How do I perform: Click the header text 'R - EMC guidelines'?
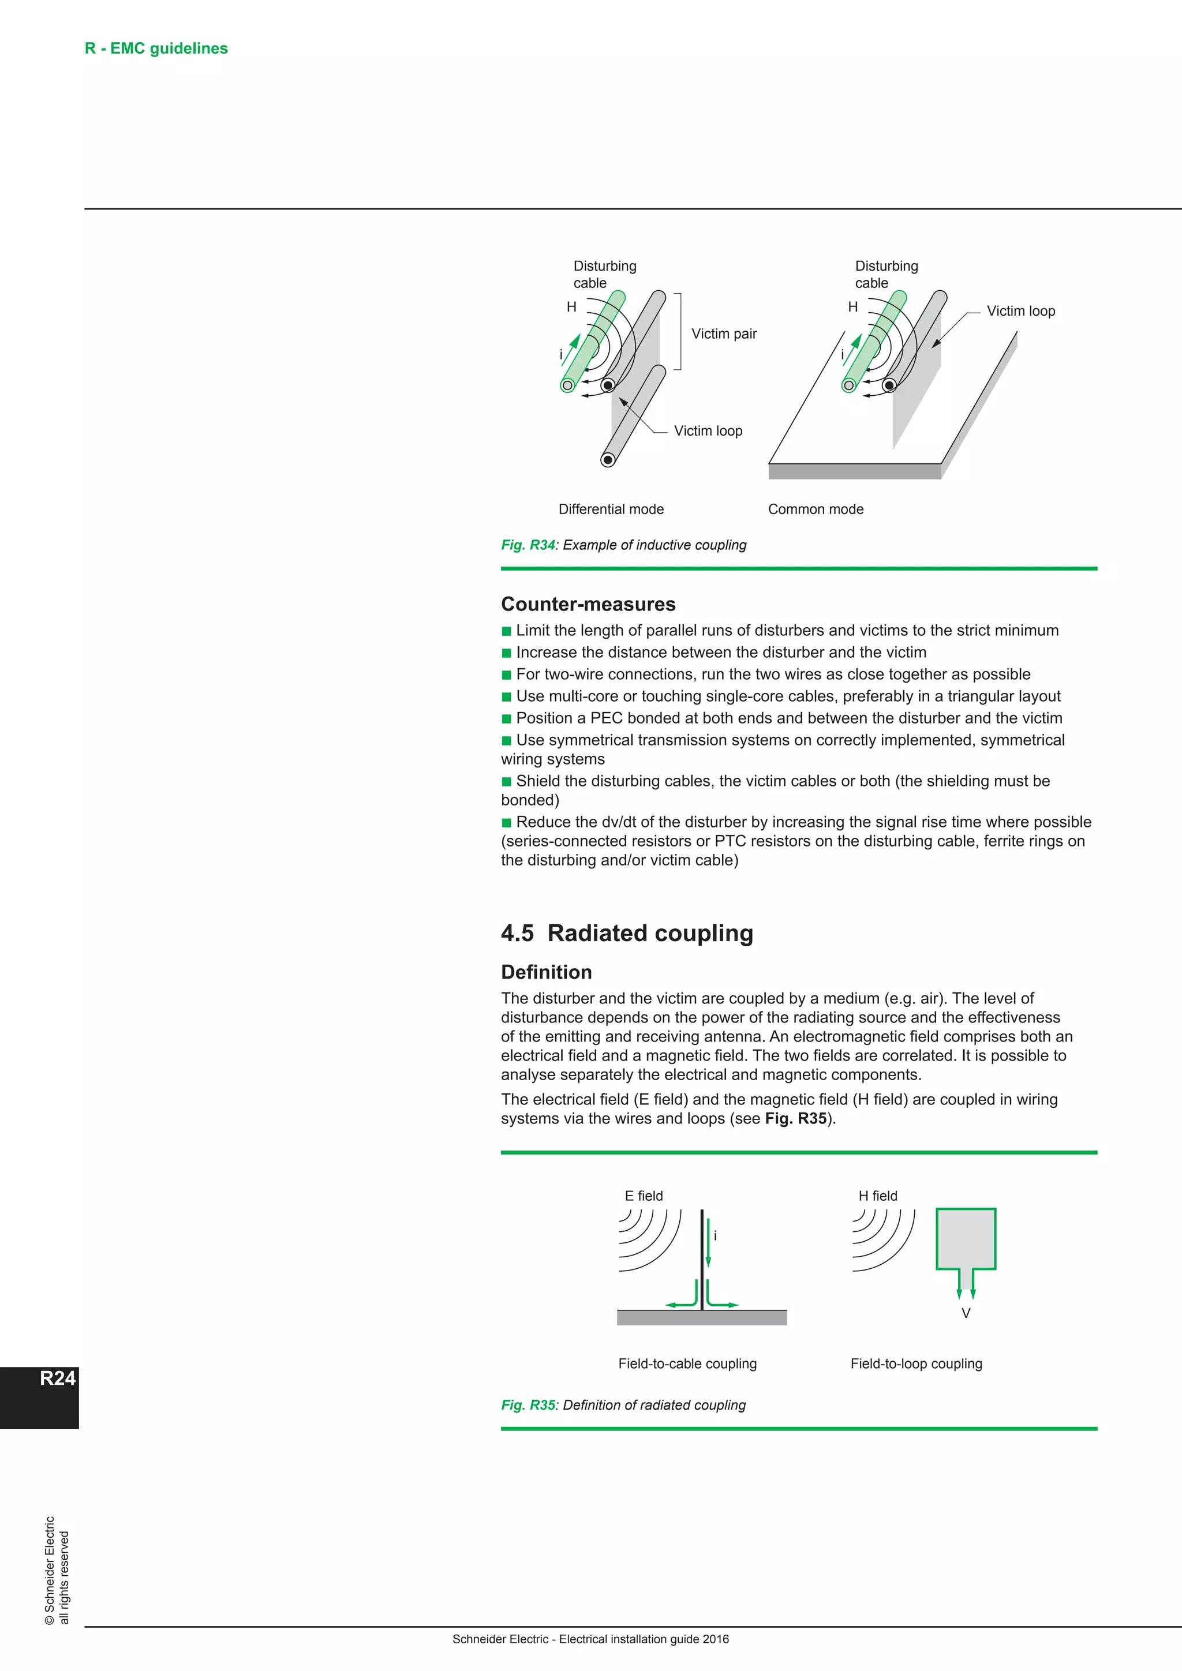pos(156,49)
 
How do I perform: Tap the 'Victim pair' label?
pos(724,334)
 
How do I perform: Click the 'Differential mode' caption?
pos(611,509)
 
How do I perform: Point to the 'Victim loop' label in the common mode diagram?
pos(1020,312)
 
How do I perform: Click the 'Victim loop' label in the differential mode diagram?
pos(708,431)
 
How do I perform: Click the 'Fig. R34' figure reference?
pos(528,545)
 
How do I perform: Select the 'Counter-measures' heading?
pos(588,604)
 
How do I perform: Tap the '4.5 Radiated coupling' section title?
pos(627,933)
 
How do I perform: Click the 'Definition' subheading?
pos(546,972)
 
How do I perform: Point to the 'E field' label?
pos(644,1196)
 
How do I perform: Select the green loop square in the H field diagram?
pos(965,1239)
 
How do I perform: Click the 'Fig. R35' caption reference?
pos(528,1406)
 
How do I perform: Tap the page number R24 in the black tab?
pos(58,1378)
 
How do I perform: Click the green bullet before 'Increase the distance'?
pos(507,653)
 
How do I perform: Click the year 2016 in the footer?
pos(715,1639)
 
